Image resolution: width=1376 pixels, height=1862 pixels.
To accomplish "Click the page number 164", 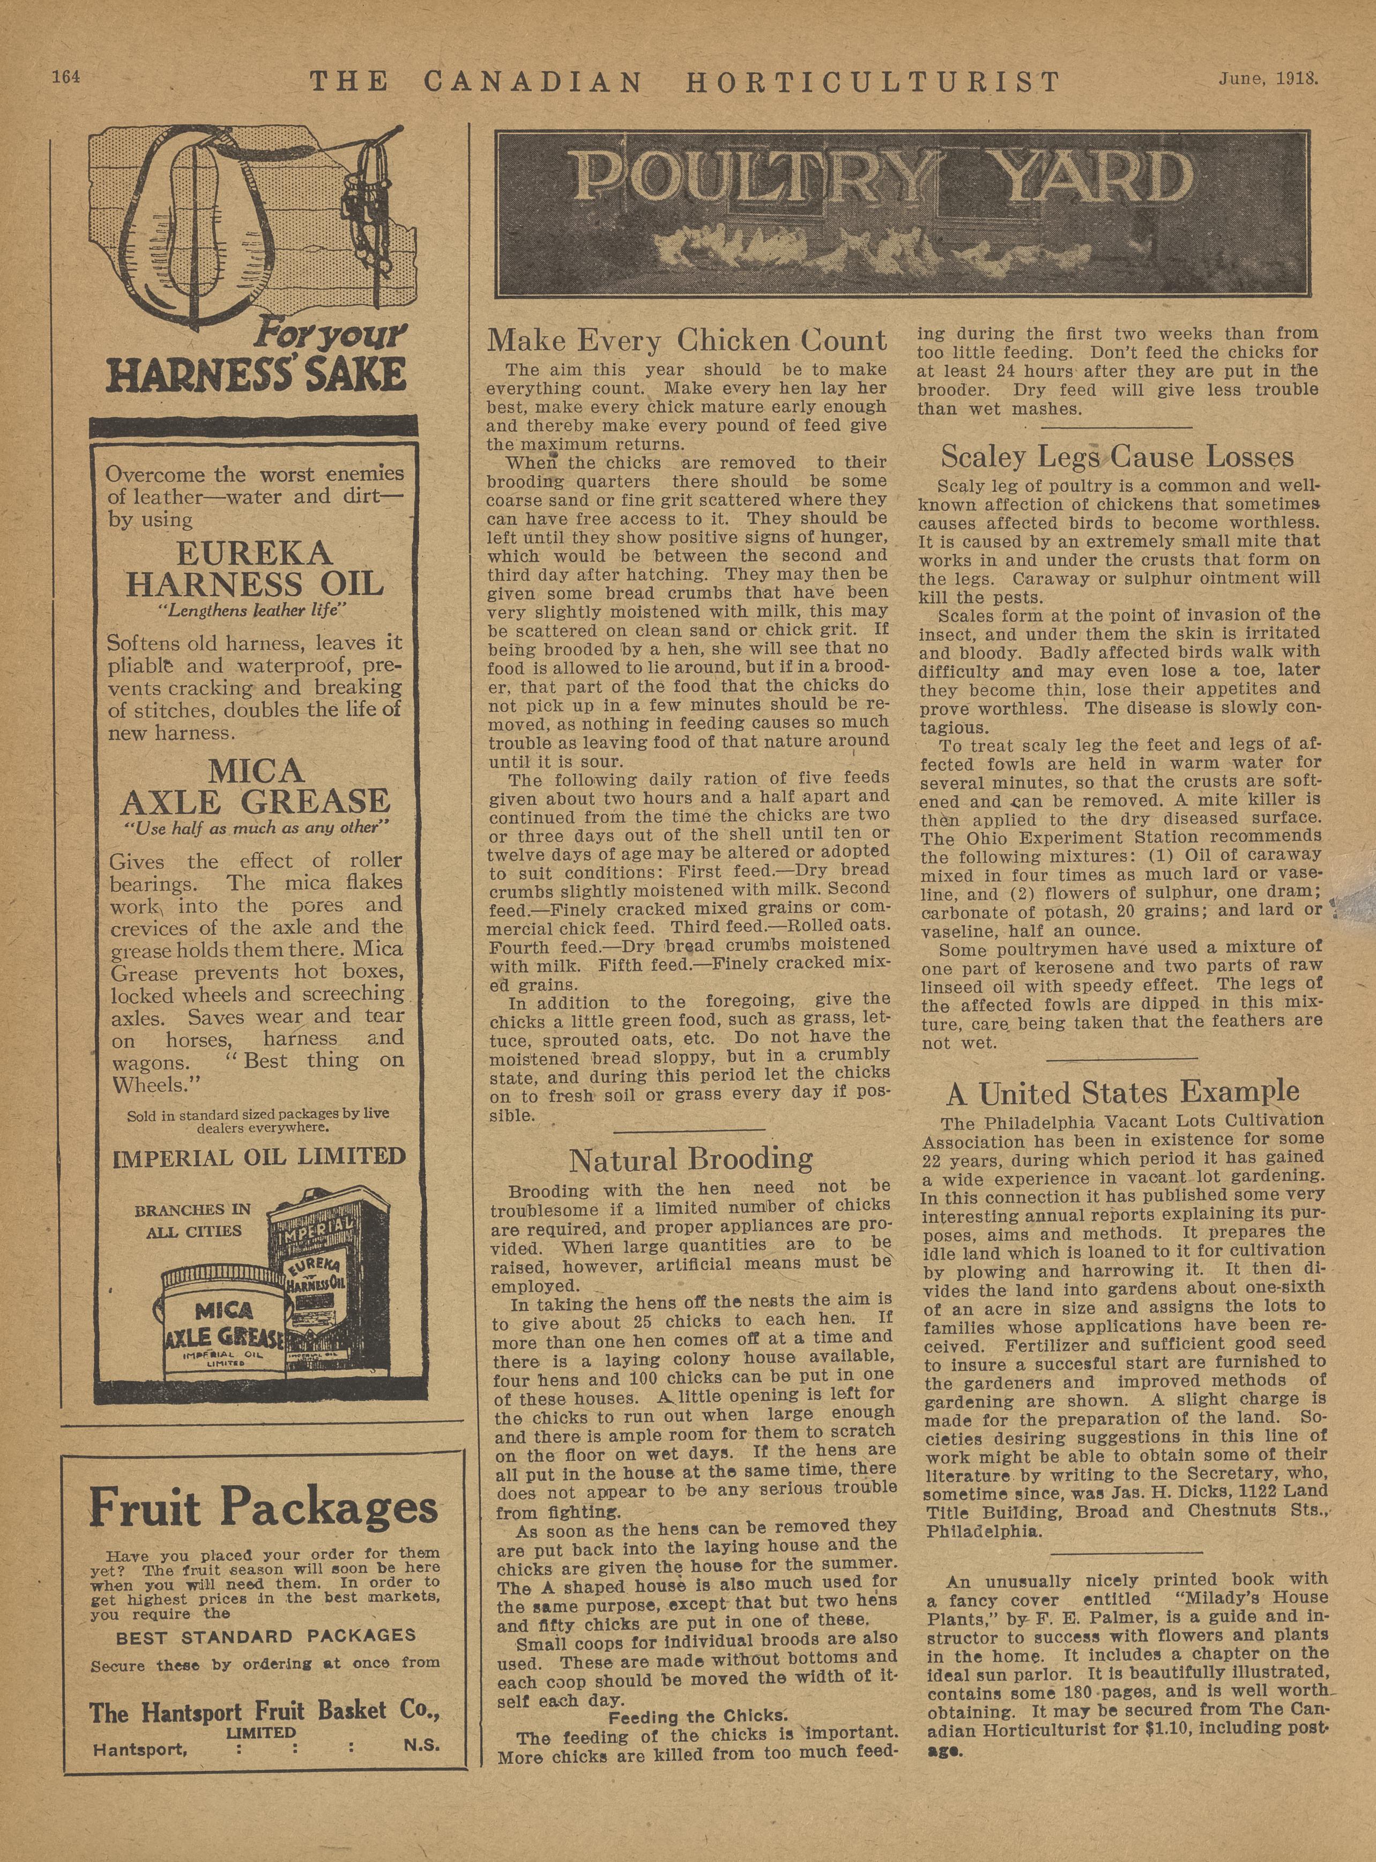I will point(65,77).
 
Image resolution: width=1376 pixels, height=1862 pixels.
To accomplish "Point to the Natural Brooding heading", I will point(690,1159).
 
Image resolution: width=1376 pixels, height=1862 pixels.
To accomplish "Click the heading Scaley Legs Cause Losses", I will point(1118,456).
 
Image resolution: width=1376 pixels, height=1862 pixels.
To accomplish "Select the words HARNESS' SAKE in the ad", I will point(257,374).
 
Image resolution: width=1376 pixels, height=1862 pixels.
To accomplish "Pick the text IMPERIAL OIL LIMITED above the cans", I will point(259,1156).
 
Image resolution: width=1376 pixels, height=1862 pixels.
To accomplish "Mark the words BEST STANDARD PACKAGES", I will point(266,1635).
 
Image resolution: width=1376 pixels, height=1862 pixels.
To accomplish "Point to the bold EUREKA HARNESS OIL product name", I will point(254,568).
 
